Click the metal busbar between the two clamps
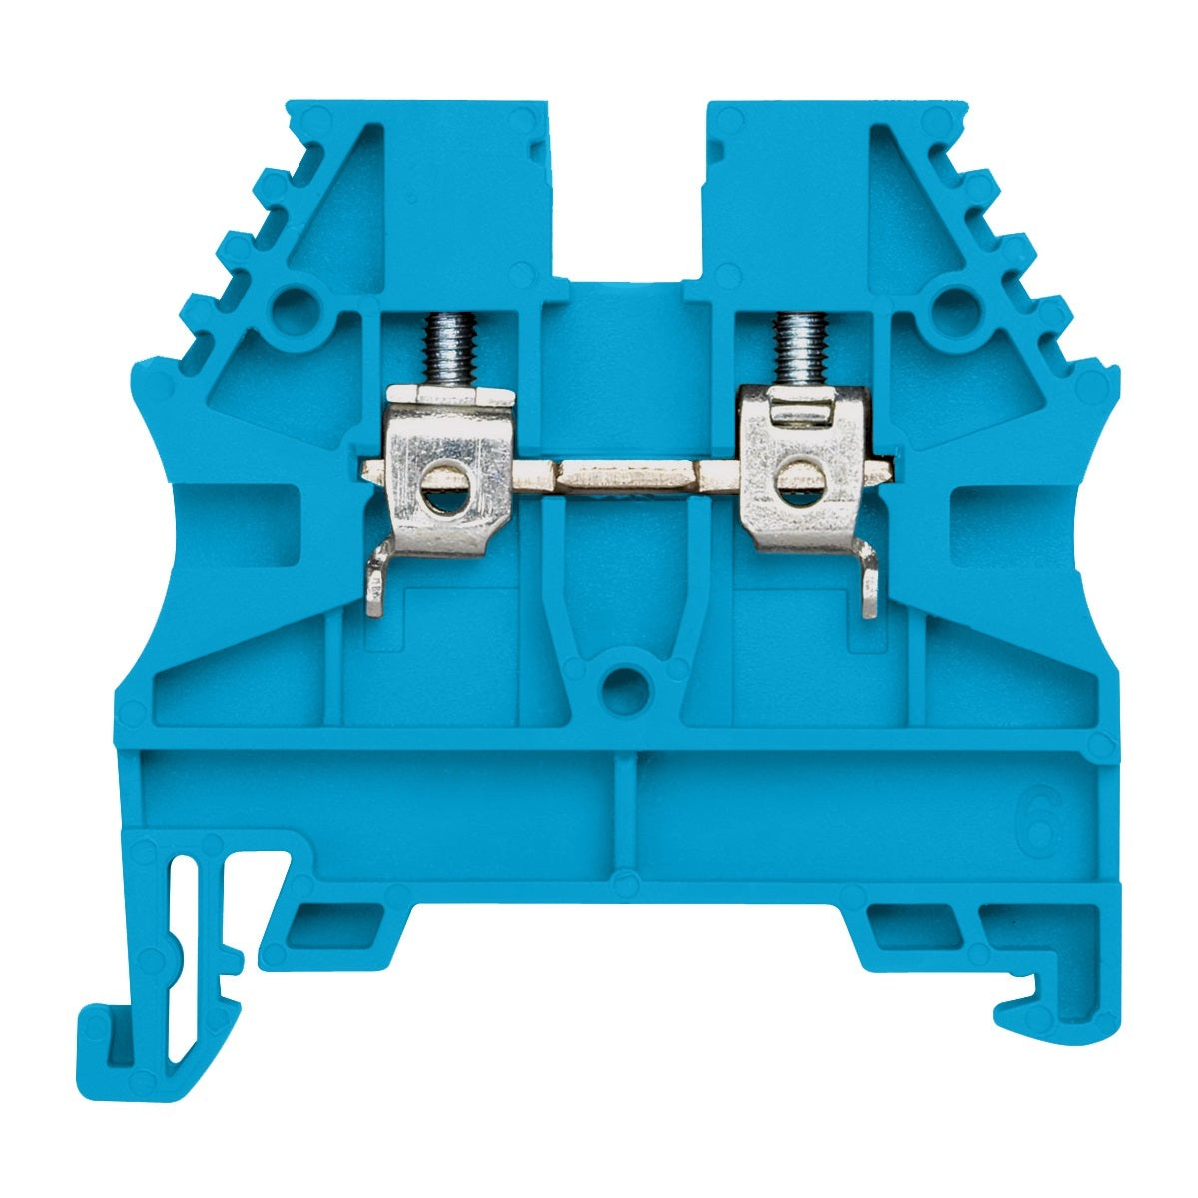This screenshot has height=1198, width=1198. [x=619, y=475]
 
